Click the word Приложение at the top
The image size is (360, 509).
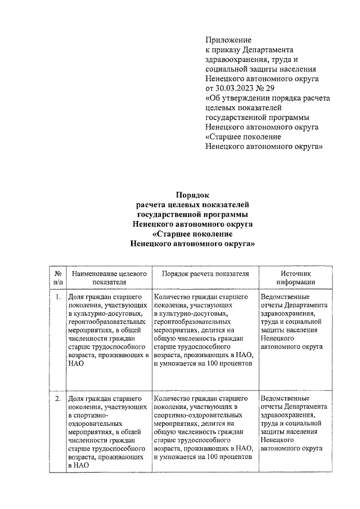228,40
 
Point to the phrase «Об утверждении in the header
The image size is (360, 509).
238,98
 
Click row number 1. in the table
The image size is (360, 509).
58,295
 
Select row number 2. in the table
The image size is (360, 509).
58,399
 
